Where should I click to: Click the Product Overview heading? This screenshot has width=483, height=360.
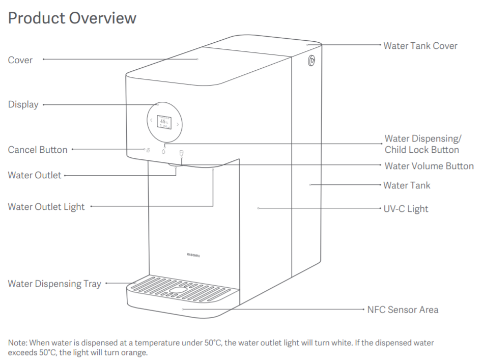72,18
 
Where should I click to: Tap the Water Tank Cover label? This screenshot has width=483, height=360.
420,46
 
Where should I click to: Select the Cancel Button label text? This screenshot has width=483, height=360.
38,150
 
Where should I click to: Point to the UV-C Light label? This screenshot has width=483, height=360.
406,209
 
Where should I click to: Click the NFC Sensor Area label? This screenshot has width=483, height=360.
403,310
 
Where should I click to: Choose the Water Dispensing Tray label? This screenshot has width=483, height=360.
54,284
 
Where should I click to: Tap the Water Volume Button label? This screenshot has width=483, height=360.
429,166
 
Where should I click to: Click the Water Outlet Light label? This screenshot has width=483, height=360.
46,207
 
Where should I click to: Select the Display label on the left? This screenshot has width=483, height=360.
23,104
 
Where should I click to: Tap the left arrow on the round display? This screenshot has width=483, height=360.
151,121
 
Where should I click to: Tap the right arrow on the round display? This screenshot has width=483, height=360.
178,124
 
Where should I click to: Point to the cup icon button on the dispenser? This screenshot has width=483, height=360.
180,151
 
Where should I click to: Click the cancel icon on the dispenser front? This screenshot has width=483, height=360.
147,150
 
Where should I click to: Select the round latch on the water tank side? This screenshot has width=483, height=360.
312,61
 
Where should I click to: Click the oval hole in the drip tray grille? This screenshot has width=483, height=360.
178,291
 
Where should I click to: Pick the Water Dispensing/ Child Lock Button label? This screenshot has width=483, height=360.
422,144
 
